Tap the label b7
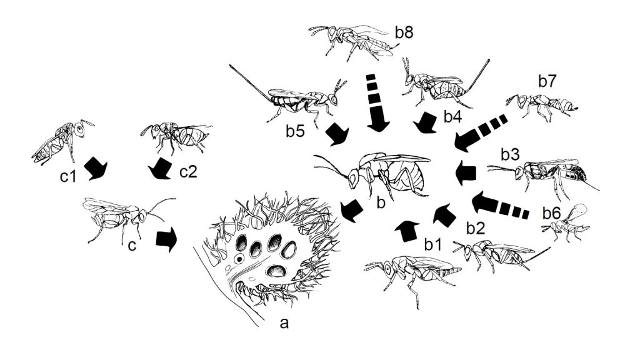[548, 81]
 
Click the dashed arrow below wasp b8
[377, 106]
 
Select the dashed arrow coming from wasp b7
[479, 132]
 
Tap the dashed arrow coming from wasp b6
[499, 206]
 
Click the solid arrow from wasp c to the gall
[166, 237]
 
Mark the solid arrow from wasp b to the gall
[349, 211]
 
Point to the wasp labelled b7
[542, 105]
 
